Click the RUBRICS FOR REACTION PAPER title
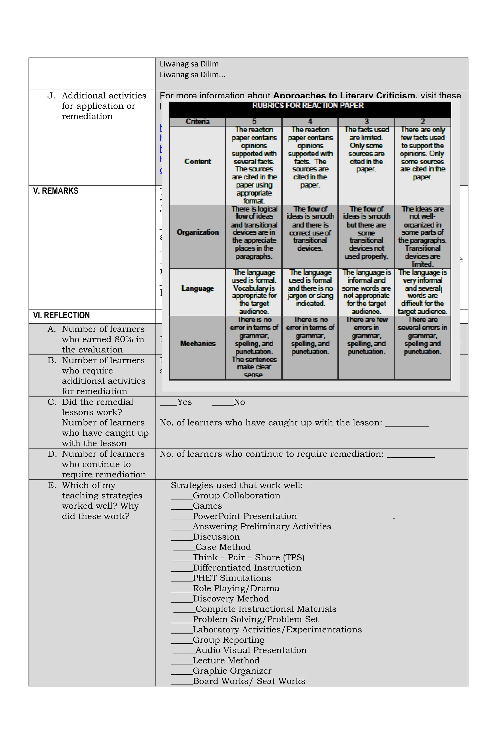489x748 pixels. [308, 106]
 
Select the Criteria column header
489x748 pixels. [197, 122]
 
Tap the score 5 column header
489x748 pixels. [254, 122]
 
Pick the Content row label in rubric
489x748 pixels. [197, 161]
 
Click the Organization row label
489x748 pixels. [197, 232]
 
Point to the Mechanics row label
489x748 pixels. [197, 343]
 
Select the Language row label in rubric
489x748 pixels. [197, 288]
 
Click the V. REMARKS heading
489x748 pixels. [56, 191]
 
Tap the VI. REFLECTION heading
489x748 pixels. [61, 315]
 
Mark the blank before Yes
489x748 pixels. [168, 403]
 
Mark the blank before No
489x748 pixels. [222, 403]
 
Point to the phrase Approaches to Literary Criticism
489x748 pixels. [344, 96]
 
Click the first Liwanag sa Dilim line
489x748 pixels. [189, 64]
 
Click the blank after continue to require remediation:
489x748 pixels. [410, 455]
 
